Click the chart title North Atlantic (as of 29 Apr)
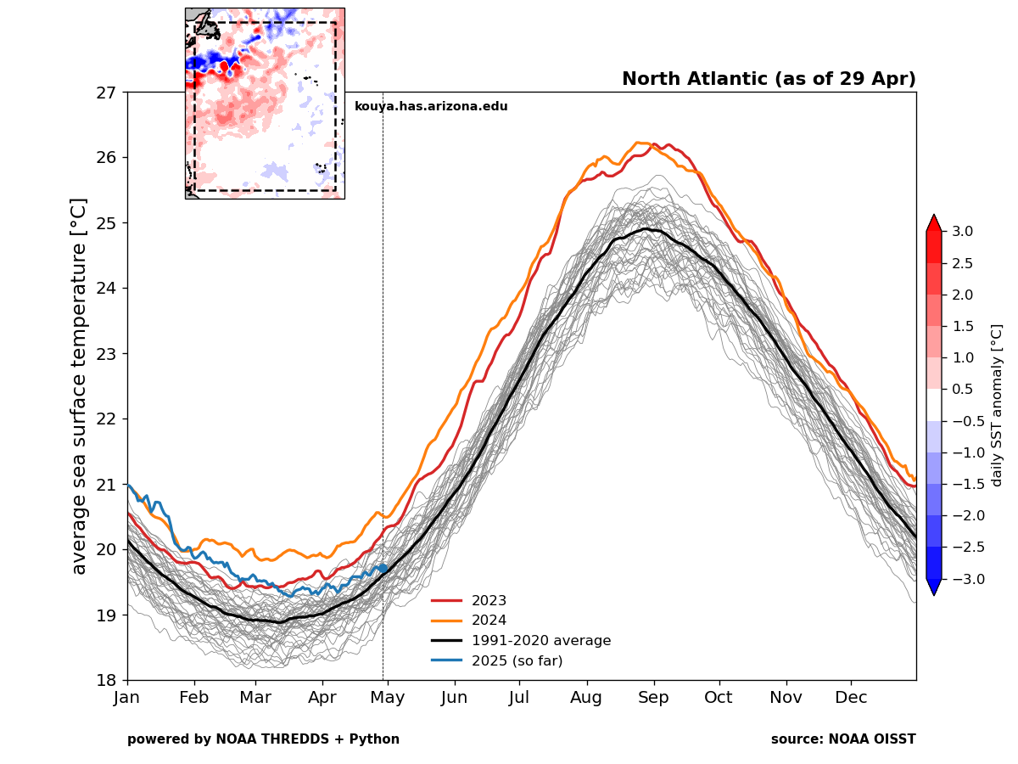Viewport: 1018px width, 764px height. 769,79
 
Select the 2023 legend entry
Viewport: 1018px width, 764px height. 489,600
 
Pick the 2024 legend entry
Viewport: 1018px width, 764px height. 489,621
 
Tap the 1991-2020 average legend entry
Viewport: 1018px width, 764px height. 540,641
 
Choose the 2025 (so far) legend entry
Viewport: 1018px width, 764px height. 517,660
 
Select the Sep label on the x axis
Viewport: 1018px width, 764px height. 653,698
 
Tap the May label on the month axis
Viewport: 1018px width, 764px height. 388,698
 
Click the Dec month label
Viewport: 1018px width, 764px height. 851,698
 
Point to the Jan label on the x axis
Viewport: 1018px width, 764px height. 127,698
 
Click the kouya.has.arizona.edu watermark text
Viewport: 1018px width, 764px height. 431,107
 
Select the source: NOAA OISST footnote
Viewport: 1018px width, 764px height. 843,739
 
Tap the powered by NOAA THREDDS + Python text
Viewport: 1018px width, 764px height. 263,739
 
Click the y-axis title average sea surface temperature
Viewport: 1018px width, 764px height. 79,386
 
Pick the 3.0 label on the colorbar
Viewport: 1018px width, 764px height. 961,231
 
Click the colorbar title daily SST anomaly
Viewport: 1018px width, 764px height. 997,405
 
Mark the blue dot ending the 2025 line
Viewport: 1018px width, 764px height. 383,568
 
